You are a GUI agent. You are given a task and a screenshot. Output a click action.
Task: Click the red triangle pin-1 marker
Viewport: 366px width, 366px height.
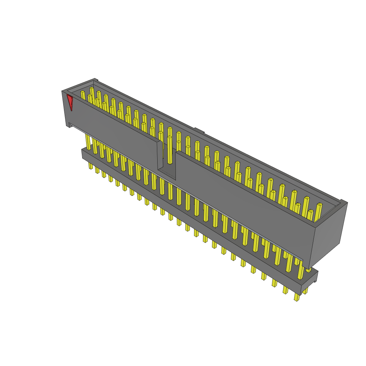(x=70, y=102)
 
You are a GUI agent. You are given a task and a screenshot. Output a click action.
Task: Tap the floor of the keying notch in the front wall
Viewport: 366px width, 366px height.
(x=167, y=174)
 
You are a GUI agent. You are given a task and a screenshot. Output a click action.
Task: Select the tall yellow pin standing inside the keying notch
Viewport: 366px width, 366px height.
(x=169, y=150)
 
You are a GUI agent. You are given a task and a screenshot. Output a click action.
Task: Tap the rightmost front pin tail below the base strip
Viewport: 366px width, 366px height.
(x=297, y=297)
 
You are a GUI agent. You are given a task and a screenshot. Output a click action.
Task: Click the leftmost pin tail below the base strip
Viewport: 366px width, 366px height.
(x=90, y=165)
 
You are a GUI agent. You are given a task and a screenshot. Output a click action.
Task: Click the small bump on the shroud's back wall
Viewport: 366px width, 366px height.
(x=199, y=130)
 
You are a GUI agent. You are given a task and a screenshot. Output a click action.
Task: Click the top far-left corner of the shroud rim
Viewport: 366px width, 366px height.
(x=95, y=80)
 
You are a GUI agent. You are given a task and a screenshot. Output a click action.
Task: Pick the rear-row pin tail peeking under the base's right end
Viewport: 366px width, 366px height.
(x=306, y=290)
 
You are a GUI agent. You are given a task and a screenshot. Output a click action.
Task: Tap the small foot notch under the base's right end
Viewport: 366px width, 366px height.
(x=315, y=281)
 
